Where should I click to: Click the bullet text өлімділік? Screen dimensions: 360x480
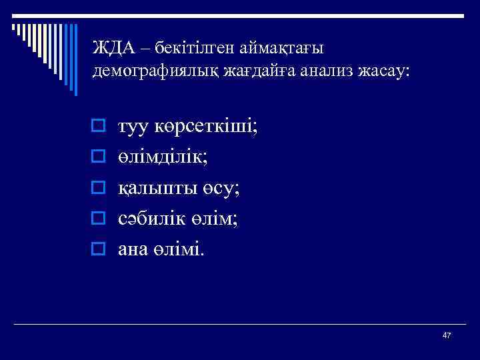point(162,157)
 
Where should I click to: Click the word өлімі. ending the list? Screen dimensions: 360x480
point(182,249)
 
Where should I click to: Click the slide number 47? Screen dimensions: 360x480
point(447,335)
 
